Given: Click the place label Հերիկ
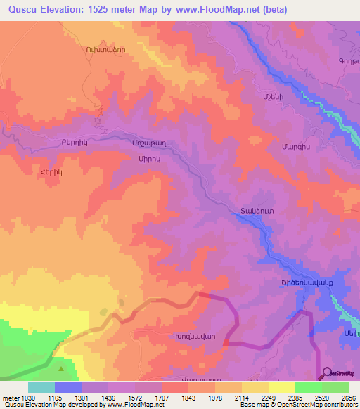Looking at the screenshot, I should [x=41, y=170].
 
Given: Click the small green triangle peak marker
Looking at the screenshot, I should [x=63, y=366].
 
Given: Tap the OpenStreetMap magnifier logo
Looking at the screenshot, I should [x=328, y=373].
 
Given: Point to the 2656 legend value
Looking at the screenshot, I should [x=349, y=397].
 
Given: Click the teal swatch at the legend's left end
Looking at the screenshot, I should [x=41, y=387].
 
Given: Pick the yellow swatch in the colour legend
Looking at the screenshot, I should [x=282, y=387].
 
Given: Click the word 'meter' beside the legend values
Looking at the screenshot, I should [x=10, y=397].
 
